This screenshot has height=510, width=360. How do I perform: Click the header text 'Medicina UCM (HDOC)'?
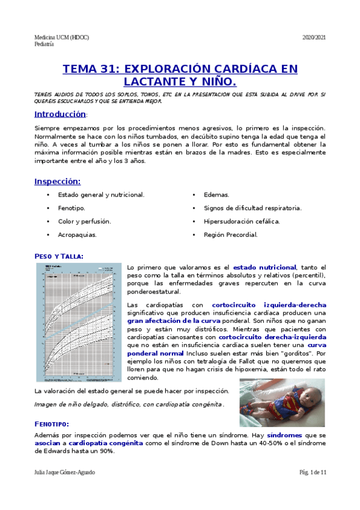61,37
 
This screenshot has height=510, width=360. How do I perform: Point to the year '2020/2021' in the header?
313,37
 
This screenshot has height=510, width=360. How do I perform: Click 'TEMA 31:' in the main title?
94,69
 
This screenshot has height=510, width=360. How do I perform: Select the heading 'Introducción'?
60,114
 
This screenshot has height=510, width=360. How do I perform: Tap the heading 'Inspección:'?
57,181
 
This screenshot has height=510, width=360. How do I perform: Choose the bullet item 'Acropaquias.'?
77,235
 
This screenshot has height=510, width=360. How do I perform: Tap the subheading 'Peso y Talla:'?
59,256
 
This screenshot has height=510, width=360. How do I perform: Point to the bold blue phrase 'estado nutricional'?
264,266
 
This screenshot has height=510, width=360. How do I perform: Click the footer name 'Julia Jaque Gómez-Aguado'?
65,473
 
